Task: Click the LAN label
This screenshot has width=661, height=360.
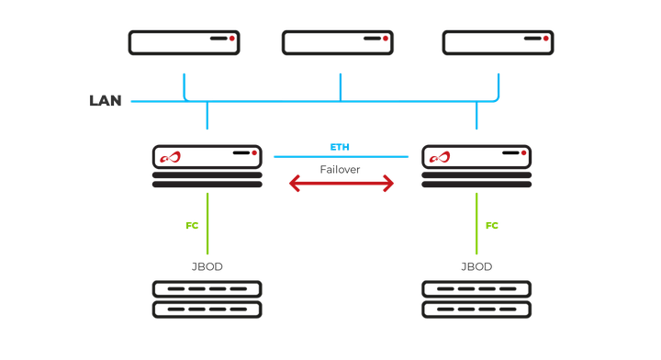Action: point(105,100)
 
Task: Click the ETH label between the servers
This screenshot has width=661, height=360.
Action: point(341,147)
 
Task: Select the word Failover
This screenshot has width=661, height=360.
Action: point(340,169)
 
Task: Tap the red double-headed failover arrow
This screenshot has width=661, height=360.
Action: point(342,185)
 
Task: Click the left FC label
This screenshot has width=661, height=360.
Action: point(192,225)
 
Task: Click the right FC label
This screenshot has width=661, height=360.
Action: point(492,225)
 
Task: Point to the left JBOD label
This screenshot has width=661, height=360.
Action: point(207,267)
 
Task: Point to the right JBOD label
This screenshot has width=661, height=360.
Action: point(476,267)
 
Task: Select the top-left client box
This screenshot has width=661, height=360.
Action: point(184,42)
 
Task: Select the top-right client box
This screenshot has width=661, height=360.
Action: point(498,42)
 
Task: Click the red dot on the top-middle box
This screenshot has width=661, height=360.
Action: point(386,39)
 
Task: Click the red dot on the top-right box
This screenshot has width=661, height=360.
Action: point(546,39)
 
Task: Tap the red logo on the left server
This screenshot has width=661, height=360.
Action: point(170,157)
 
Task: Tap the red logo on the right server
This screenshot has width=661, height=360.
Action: point(439,157)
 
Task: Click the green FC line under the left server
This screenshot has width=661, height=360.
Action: point(207,220)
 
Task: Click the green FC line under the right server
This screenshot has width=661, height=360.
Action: point(476,220)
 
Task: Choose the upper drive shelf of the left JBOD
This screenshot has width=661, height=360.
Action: point(207,289)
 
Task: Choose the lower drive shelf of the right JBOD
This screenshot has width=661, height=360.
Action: point(476,309)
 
